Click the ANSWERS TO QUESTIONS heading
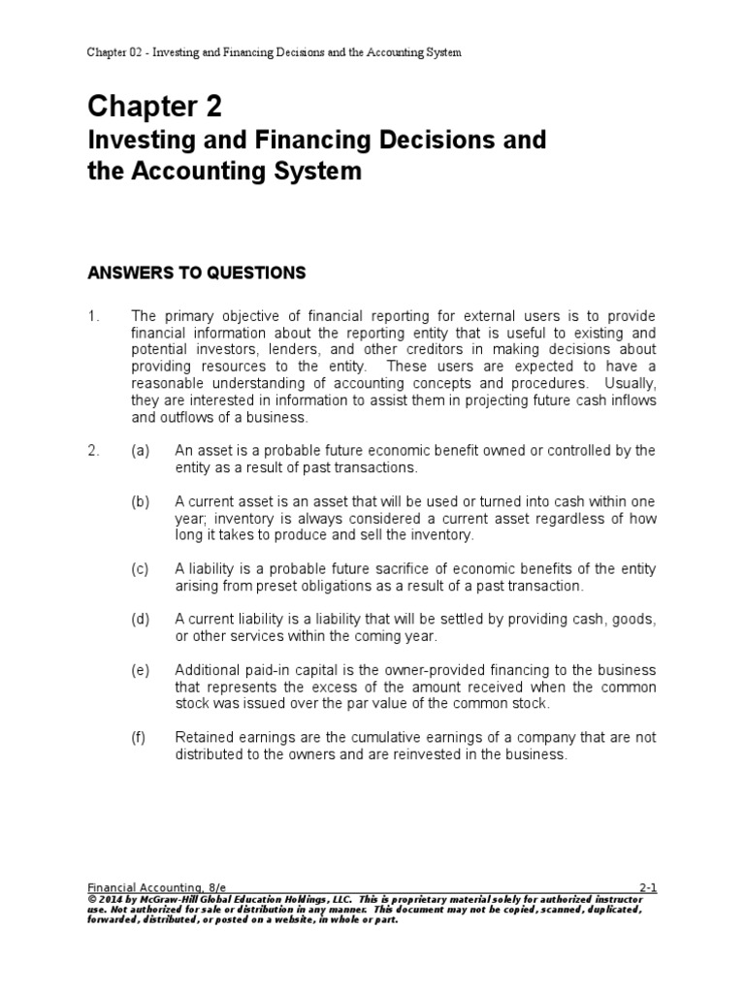pos(196,273)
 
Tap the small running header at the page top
pos(274,52)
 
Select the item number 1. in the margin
pos(94,318)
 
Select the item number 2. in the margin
pos(94,451)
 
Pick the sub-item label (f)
pos(140,738)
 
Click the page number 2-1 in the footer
pos(647,887)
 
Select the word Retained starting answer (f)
pos(203,738)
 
